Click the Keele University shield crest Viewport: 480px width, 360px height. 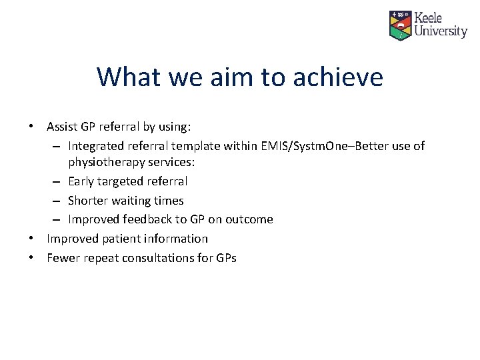[400, 25]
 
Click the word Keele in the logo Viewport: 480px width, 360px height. [428, 17]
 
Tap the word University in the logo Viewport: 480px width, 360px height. [441, 31]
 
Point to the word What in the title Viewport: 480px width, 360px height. [128, 77]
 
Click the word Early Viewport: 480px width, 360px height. [81, 181]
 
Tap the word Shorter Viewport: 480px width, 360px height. [89, 201]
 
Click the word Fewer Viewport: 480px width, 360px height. [63, 258]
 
